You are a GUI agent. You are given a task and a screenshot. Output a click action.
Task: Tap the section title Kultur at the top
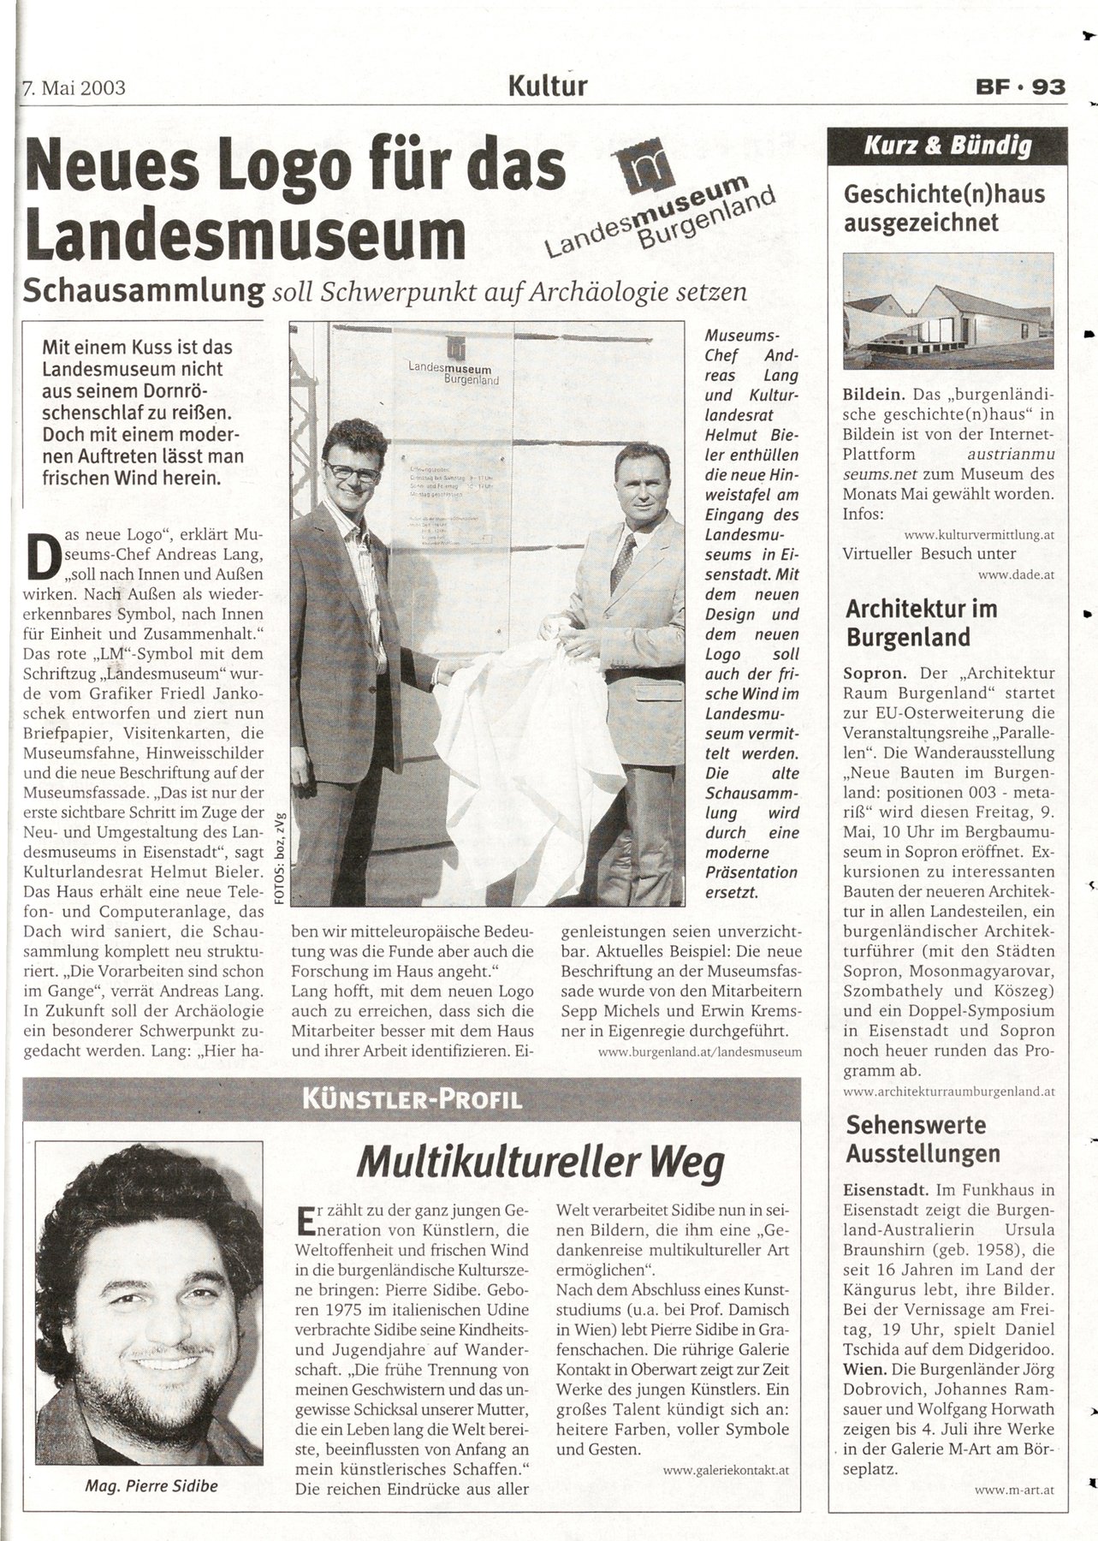pyautogui.click(x=548, y=86)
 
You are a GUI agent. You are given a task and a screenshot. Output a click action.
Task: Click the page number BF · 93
pyautogui.click(x=1019, y=87)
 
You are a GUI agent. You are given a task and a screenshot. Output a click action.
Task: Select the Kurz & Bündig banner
pyautogui.click(x=947, y=146)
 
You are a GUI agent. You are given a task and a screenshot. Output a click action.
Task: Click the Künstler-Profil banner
pyautogui.click(x=412, y=1098)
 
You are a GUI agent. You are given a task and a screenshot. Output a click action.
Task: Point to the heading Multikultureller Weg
pyautogui.click(x=540, y=1162)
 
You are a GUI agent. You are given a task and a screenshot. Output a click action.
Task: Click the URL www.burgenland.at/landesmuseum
pyautogui.click(x=699, y=1051)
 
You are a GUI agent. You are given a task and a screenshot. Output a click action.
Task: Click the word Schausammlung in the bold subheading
pyautogui.click(x=143, y=290)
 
